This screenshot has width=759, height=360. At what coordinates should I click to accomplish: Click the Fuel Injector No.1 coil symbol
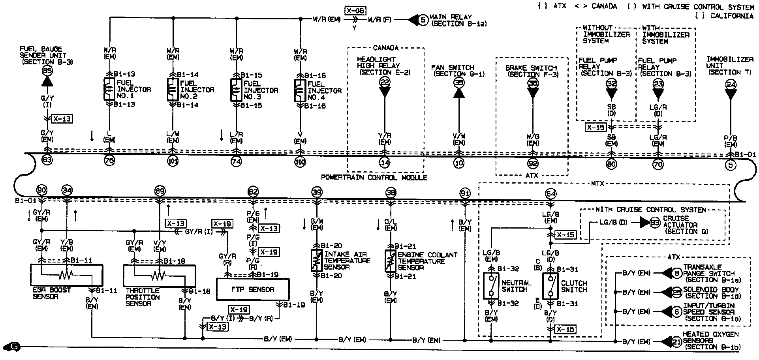tap(108, 90)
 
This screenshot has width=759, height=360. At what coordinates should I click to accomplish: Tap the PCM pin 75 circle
tap(109, 161)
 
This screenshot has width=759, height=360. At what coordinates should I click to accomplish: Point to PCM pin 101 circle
tap(173, 161)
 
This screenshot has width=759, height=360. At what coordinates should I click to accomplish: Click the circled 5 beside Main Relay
tap(423, 20)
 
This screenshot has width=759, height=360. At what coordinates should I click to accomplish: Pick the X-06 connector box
tap(355, 11)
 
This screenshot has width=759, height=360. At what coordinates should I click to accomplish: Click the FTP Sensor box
tap(253, 289)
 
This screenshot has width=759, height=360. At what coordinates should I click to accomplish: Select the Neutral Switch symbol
tap(491, 286)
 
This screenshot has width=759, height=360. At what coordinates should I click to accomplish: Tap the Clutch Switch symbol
tap(550, 286)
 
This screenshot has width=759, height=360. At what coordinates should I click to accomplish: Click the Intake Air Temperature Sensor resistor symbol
tap(316, 261)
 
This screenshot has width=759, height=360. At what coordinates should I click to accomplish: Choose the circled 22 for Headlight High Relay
tap(385, 82)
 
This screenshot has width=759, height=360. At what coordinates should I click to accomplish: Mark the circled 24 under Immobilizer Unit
tap(731, 84)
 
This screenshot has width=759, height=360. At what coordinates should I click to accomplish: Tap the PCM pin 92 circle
tap(533, 163)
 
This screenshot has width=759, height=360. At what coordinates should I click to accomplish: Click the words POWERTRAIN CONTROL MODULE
tap(374, 178)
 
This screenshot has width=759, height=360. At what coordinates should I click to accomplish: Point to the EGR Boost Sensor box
tap(66, 275)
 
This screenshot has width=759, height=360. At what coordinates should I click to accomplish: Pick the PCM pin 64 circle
tap(550, 193)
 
